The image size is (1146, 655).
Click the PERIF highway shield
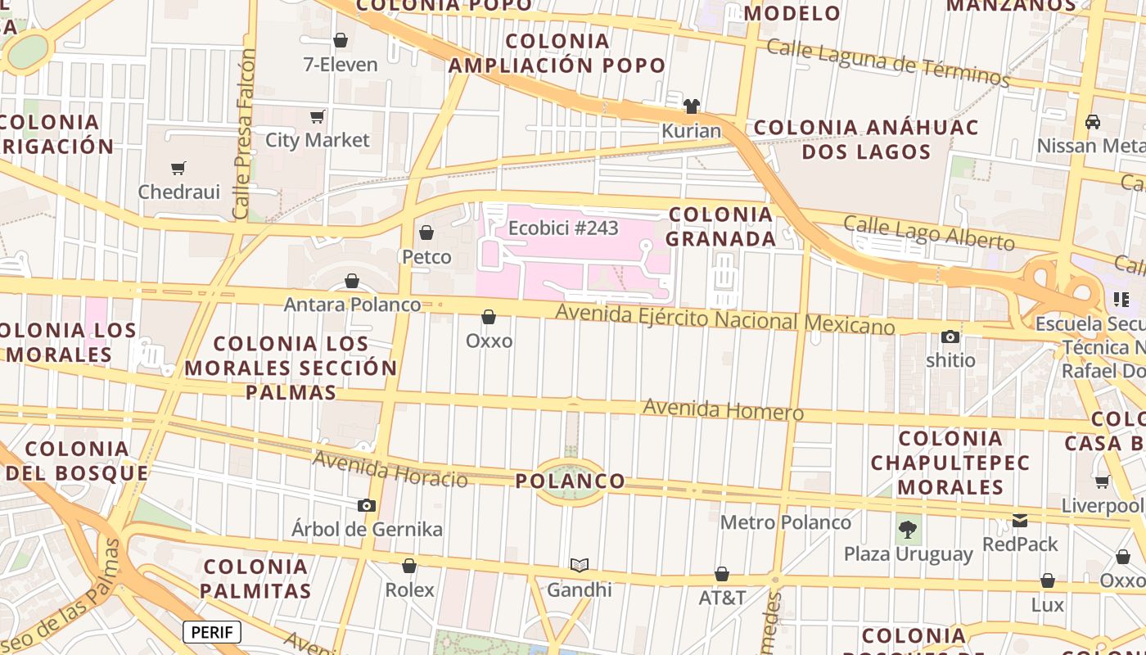[x=212, y=632]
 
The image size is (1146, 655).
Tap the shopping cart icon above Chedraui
[x=178, y=169]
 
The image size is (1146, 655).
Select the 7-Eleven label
[x=341, y=64]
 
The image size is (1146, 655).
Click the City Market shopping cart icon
[x=318, y=117]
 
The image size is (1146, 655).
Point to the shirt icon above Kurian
[x=692, y=106]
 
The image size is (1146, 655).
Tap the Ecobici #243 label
[x=563, y=228]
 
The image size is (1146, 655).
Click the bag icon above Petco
[x=426, y=233]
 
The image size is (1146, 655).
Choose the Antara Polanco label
[x=352, y=305]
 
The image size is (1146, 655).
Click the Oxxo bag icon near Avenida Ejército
[x=489, y=317]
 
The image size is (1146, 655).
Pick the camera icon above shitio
[x=950, y=337]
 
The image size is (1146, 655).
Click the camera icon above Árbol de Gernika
[x=367, y=505]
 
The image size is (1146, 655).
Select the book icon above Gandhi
[x=580, y=565]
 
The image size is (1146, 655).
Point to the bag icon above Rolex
[x=409, y=566]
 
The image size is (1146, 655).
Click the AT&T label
[x=722, y=598]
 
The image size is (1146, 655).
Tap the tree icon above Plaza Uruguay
[x=908, y=529]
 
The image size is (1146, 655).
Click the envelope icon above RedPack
[x=1020, y=520]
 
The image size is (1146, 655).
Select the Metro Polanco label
[x=786, y=522]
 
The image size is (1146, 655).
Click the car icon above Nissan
[x=1092, y=122]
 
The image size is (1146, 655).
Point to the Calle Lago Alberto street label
[x=928, y=233]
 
